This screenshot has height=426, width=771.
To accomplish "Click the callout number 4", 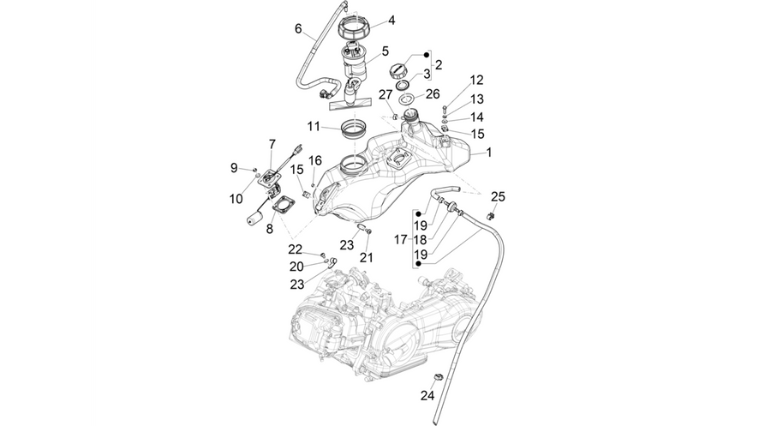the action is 391,21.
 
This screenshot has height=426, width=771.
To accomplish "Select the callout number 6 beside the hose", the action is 298,29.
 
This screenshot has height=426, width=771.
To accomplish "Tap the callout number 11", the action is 314,126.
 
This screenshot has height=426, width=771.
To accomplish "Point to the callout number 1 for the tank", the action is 489,153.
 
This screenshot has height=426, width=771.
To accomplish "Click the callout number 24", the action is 427,395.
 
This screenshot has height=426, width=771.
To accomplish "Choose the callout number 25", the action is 498,197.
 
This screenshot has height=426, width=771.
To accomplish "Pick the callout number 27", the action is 385,94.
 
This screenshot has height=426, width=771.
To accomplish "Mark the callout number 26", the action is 433,93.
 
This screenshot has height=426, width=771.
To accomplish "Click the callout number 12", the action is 476,80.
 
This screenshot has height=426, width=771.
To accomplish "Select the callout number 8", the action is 270,229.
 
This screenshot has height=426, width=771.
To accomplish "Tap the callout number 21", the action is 367,257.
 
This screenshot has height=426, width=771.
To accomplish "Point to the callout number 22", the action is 296,249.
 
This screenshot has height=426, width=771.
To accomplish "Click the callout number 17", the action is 401,239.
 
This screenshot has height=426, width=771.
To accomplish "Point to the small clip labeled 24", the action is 438,377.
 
